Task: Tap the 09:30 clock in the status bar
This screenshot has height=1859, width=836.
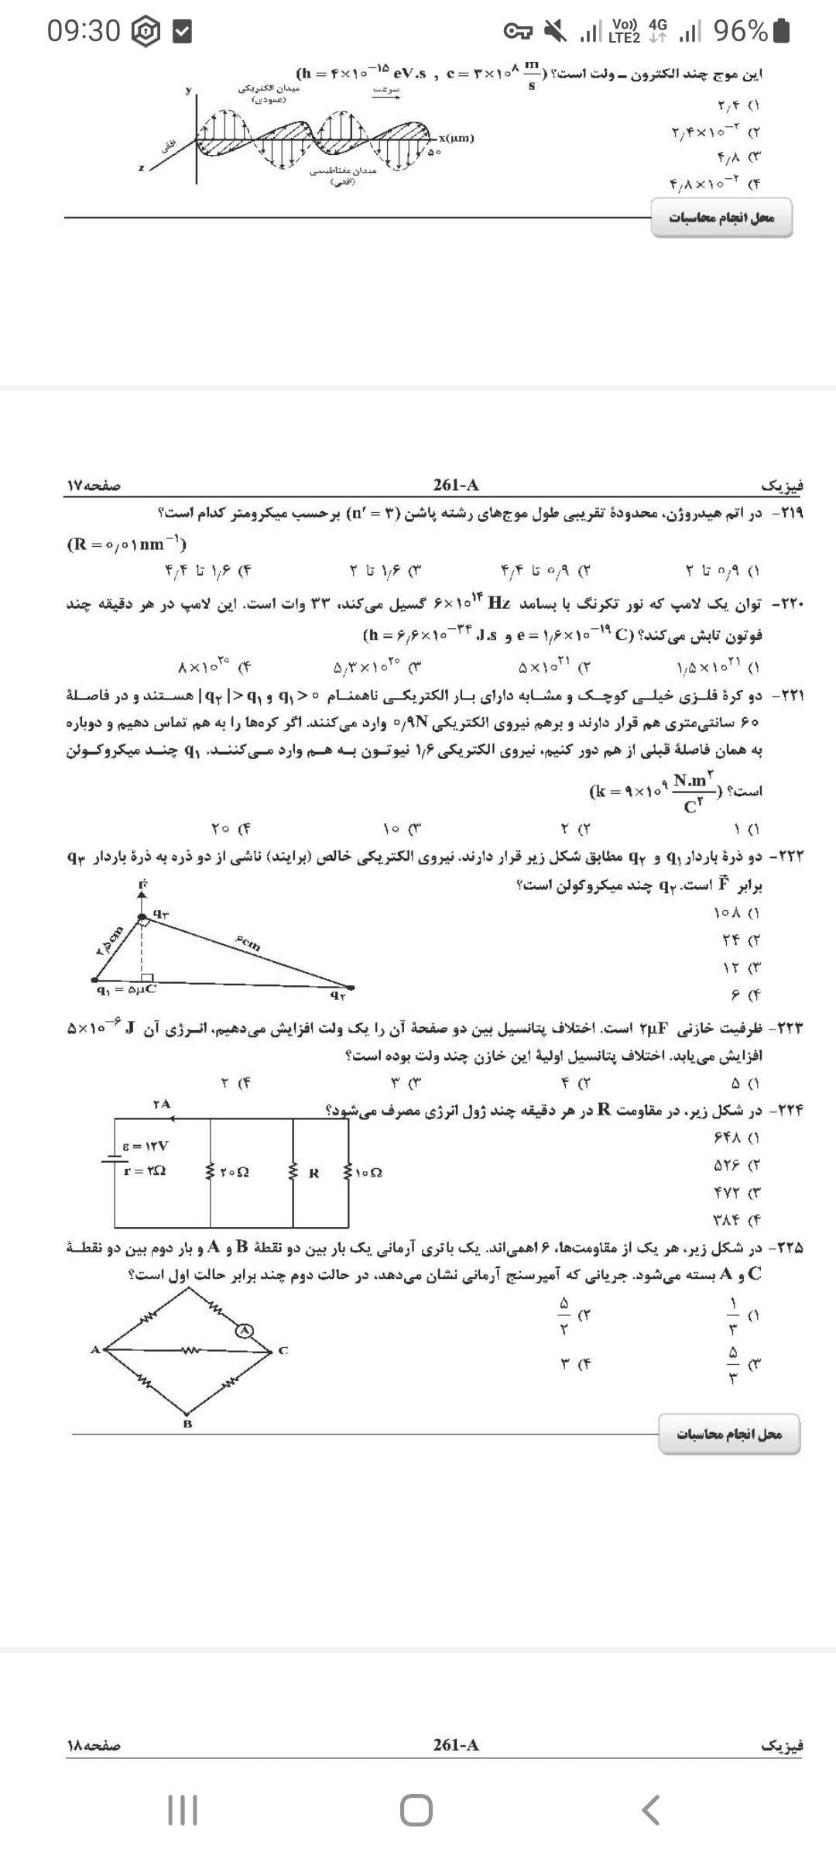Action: (84, 31)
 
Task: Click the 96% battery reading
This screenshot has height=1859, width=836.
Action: (741, 31)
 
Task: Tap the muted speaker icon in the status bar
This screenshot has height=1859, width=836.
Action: (555, 32)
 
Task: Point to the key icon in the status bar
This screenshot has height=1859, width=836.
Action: (517, 32)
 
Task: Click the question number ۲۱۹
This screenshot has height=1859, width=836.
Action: (789, 513)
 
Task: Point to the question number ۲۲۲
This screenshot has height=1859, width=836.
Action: (789, 857)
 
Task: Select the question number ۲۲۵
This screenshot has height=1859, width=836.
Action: (789, 1248)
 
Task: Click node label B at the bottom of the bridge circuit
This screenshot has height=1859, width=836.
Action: (187, 1424)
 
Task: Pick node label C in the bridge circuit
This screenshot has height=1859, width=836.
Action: (283, 1351)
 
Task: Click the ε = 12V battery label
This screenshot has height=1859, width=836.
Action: (146, 1146)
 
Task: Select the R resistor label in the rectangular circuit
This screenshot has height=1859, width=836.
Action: (313, 1173)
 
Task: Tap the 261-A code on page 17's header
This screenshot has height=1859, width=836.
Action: (456, 485)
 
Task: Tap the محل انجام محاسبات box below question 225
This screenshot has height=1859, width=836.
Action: (729, 1435)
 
